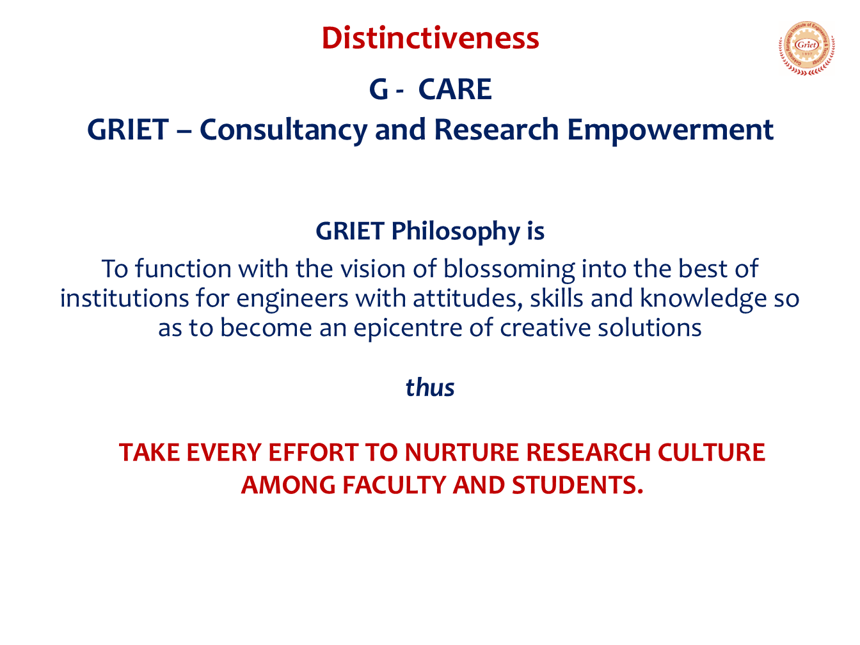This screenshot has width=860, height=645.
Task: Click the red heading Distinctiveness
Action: (430, 38)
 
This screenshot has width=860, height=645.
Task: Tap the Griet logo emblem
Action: (807, 48)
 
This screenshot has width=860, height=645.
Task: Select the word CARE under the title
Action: (455, 90)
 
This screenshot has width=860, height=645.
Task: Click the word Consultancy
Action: (283, 131)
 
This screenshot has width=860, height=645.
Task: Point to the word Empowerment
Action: (670, 131)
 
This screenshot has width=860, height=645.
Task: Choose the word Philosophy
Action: (455, 232)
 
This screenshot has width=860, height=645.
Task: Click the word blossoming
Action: (509, 269)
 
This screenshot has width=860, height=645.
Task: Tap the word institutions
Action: (124, 298)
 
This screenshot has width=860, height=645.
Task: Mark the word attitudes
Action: (467, 298)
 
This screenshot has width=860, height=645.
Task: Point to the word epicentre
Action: (408, 328)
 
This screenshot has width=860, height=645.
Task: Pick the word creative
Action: (545, 328)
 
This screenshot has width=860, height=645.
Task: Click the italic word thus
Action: (430, 388)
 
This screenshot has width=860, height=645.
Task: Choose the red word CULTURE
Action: (711, 452)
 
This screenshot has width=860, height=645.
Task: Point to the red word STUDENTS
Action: (577, 485)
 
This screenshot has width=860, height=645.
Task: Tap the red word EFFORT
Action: (314, 452)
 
